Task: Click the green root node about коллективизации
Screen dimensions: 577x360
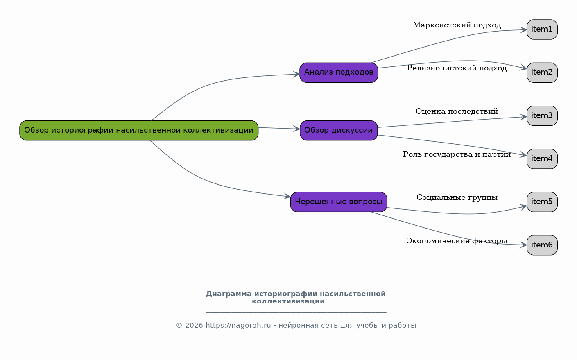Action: [x=139, y=131]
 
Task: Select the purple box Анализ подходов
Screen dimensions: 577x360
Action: [x=339, y=72]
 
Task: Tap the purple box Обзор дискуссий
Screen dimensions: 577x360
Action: [x=339, y=131]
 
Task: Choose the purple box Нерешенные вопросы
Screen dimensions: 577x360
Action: [x=339, y=202]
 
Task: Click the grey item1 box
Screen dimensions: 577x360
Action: [x=542, y=29]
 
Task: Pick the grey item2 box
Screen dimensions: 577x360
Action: [x=542, y=72]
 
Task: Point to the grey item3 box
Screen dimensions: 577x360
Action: [x=542, y=116]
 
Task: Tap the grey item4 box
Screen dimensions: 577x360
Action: [x=542, y=159]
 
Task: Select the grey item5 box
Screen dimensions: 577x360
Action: [x=542, y=202]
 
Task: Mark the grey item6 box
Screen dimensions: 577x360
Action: [x=542, y=245]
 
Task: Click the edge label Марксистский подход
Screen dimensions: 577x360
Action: [x=457, y=25]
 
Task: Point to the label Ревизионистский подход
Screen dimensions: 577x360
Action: [x=457, y=68]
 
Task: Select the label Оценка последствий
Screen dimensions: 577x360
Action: [x=457, y=111]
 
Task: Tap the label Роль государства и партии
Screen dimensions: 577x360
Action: [x=457, y=155]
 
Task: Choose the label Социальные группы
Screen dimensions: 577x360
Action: [x=457, y=198]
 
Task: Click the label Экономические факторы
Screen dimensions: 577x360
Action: [x=457, y=241]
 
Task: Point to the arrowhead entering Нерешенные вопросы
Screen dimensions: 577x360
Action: [x=287, y=196]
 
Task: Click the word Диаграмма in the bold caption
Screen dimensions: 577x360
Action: [x=229, y=294]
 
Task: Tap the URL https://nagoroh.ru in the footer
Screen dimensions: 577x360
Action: [x=238, y=326]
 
